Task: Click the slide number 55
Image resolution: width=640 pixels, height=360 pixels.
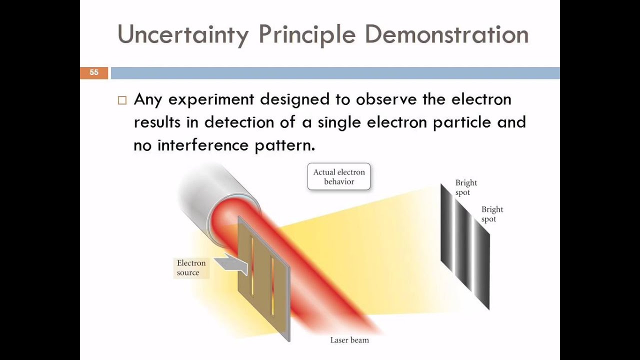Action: (x=94, y=73)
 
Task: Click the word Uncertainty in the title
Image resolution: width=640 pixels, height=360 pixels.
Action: (x=182, y=35)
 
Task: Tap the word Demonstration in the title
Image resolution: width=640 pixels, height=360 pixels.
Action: (x=446, y=35)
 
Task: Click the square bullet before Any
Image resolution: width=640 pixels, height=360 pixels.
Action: (x=122, y=100)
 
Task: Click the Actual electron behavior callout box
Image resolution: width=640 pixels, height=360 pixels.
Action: (x=339, y=176)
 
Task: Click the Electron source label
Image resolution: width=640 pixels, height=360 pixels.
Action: (x=191, y=267)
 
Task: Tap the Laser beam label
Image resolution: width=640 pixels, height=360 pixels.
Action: (x=349, y=340)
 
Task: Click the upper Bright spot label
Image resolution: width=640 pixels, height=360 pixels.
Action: (x=466, y=187)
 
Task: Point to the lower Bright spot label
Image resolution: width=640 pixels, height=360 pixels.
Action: (x=492, y=214)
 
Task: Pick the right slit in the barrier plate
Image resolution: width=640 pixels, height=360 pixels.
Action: (x=272, y=285)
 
